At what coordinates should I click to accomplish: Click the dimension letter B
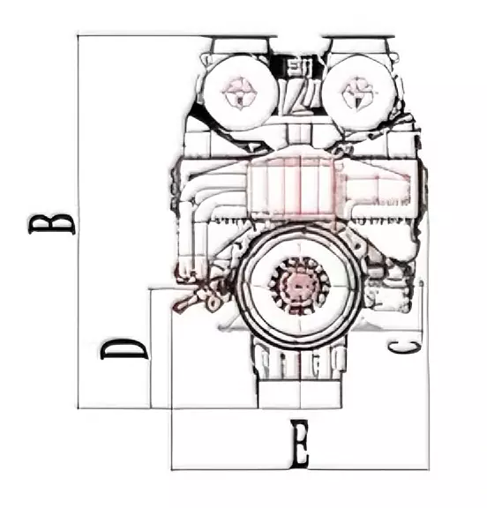[x=52, y=223]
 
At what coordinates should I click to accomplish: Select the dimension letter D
[x=124, y=349]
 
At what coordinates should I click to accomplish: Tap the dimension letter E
[x=299, y=444]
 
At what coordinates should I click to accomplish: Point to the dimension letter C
[x=404, y=347]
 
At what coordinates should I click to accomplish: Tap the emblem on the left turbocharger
[x=239, y=93]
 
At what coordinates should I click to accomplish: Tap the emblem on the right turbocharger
[x=358, y=93]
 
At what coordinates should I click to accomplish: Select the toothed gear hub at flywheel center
[x=299, y=286]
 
